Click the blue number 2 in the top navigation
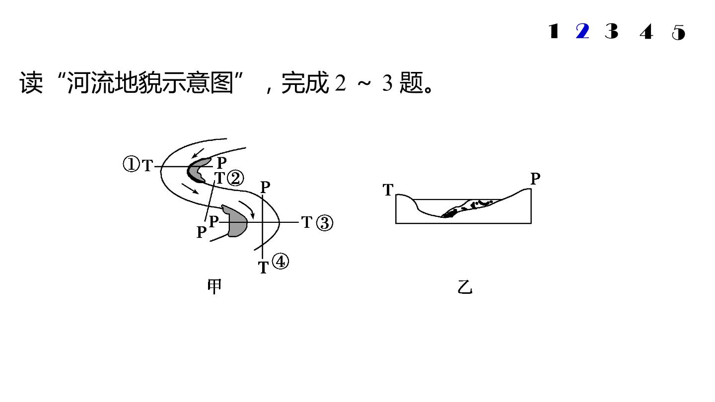pyautogui.click(x=582, y=31)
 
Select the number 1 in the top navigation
pyautogui.click(x=554, y=31)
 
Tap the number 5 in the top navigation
pyautogui.click(x=678, y=32)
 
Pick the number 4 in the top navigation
pyautogui.click(x=646, y=32)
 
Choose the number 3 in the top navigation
pyautogui.click(x=612, y=31)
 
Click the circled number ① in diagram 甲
pyautogui.click(x=132, y=164)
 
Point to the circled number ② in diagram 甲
pyautogui.click(x=235, y=178)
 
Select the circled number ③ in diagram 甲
pyautogui.click(x=325, y=223)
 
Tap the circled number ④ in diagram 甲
pyautogui.click(x=281, y=261)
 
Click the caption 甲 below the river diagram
pyautogui.click(x=214, y=286)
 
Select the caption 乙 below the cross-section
pyautogui.click(x=465, y=287)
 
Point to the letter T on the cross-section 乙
pyautogui.click(x=388, y=190)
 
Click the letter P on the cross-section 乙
pyautogui.click(x=535, y=178)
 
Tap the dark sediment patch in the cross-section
pyautogui.click(x=467, y=208)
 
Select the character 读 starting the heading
pyautogui.click(x=31, y=82)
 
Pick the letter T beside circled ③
pyautogui.click(x=307, y=222)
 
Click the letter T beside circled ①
pyautogui.click(x=147, y=166)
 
